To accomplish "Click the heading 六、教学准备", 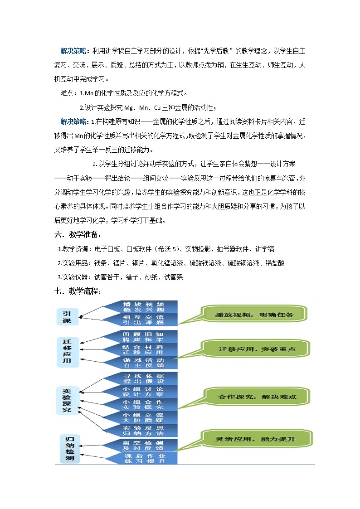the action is coord(78,235).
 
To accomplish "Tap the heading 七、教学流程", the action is coord(78,291).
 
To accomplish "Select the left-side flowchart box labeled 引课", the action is coord(67,316).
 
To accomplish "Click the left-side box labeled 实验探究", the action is coord(67,401).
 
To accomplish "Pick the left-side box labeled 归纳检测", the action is coord(70,449).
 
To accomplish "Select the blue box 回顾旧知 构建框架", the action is coord(143,337).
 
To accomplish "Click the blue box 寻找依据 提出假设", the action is coord(143,378).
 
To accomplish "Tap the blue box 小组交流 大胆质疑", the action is coord(143,417).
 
